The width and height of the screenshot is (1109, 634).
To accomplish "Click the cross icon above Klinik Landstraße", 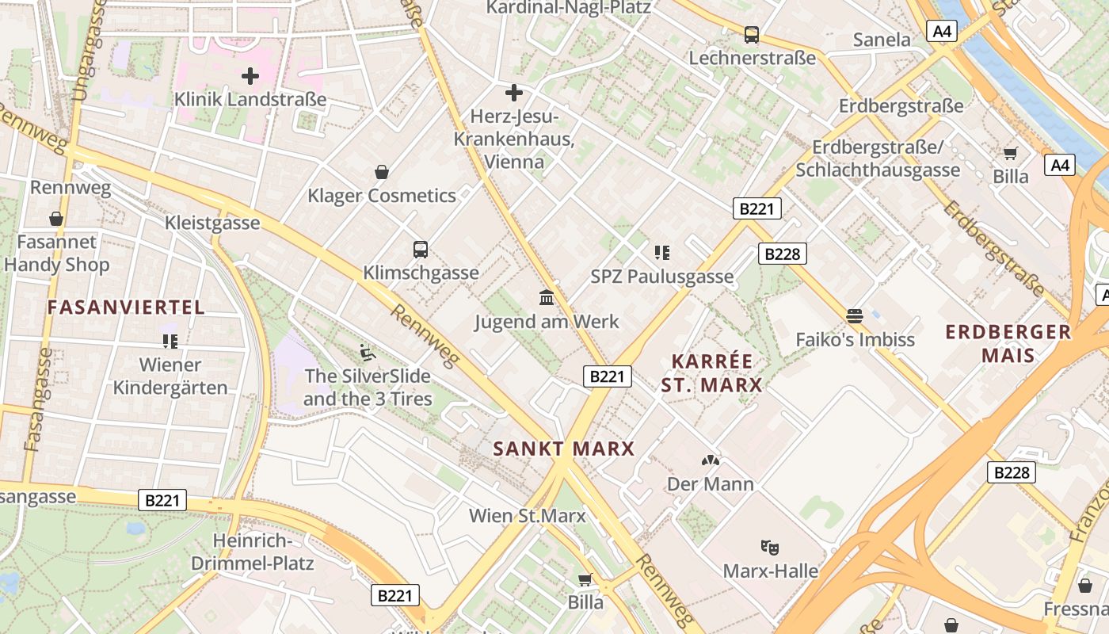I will coord(250,76).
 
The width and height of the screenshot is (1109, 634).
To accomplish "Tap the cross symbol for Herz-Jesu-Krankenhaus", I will coord(514,93).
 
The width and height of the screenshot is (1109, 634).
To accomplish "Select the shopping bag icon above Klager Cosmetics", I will coord(382,172).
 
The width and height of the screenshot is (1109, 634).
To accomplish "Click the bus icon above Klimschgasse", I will coord(421,250).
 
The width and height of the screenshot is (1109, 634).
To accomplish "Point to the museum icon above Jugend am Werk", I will coord(547,298).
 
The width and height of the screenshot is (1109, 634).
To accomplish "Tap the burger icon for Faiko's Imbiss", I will coord(854,316).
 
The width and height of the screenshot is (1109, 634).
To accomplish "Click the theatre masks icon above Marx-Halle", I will coord(768,547).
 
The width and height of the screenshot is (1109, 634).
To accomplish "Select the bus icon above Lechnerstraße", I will coord(751,35).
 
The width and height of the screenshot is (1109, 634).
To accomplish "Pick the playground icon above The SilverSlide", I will coord(367,352).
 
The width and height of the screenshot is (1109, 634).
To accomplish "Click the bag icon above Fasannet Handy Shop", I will coord(56,219).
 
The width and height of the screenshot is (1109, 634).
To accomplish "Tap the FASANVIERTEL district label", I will coord(126,307).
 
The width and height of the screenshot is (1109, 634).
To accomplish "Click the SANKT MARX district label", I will coord(564,449).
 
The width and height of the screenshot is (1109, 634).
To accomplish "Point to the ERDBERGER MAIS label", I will coord(1008,343).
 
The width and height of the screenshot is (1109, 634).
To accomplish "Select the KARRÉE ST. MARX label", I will coord(711,373).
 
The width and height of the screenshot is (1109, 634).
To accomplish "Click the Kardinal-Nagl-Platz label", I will coord(568,8).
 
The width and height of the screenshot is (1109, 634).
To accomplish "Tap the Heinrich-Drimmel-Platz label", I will coord(253,552).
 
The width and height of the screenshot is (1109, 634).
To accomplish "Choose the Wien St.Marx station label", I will coord(528,516).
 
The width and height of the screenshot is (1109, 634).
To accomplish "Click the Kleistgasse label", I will coord(212,223).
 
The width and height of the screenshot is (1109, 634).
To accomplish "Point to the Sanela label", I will coord(882,40).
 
